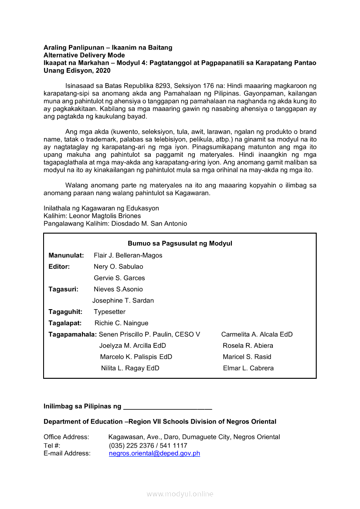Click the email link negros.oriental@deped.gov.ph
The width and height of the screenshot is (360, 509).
[x=154, y=453]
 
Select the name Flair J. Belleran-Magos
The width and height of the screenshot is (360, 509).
[x=128, y=255]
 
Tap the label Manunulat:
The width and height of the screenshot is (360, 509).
[x=66, y=255]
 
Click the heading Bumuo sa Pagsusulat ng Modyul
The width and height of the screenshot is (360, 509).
[x=180, y=243]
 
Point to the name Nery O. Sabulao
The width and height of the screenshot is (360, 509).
[x=118, y=266]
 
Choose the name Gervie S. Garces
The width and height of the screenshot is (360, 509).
[x=119, y=278]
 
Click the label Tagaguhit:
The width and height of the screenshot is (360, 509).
[x=65, y=312]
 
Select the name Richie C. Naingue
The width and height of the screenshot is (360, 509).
[x=121, y=323]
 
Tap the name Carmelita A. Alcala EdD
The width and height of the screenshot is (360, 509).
[x=257, y=334]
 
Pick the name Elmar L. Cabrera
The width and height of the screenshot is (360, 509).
[x=248, y=368]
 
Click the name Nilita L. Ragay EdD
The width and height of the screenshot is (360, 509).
[x=130, y=368]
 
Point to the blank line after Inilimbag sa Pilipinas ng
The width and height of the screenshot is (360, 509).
[x=168, y=407]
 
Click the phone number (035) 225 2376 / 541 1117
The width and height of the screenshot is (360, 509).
[x=148, y=445]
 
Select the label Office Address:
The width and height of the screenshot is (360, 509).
[x=66, y=437]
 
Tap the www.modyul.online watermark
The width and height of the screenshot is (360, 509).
[x=180, y=494]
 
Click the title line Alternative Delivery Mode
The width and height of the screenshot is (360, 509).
[x=84, y=55]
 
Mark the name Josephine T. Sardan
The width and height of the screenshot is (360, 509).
[x=123, y=300]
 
